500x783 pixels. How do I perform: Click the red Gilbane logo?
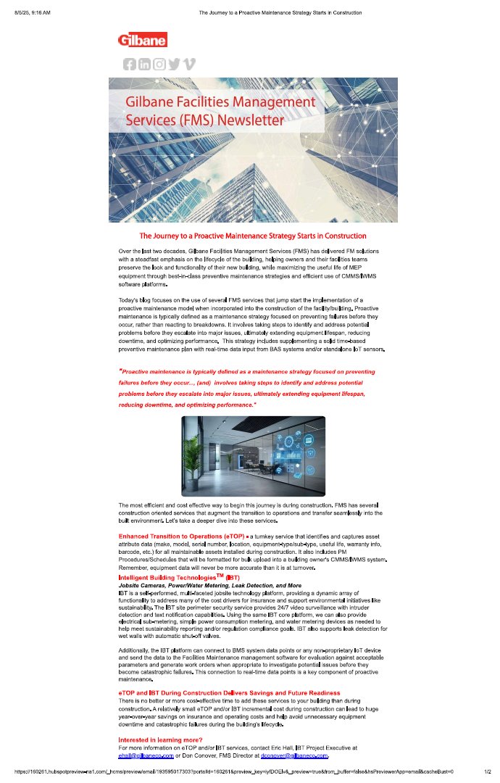[x=142, y=40]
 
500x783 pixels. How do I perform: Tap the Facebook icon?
[x=130, y=64]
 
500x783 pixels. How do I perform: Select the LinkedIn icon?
[x=144, y=64]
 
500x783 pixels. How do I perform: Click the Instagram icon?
[x=159, y=64]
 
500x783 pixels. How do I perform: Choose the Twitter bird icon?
[x=174, y=64]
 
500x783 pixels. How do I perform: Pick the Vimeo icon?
[x=189, y=64]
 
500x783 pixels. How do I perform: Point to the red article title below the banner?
[x=252, y=236]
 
